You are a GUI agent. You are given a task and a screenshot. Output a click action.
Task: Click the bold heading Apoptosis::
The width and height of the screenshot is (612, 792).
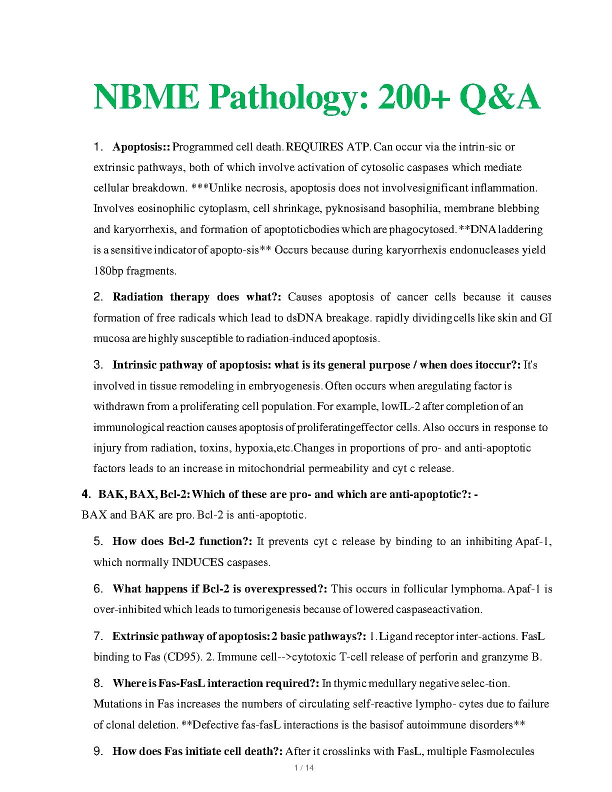[x=141, y=147]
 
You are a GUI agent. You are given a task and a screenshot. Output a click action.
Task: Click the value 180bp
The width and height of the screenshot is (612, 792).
[x=108, y=271]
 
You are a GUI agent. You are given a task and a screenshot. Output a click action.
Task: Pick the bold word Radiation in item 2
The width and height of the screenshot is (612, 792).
[x=138, y=297]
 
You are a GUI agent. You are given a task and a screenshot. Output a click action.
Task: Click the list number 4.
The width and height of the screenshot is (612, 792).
[x=86, y=494]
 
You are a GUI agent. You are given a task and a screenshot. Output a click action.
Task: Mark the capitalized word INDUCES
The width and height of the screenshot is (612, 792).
[x=197, y=562]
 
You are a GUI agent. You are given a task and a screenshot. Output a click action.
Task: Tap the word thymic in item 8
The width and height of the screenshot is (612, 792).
[x=349, y=683]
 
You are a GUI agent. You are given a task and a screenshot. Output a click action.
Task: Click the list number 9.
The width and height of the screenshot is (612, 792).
[x=98, y=751]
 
